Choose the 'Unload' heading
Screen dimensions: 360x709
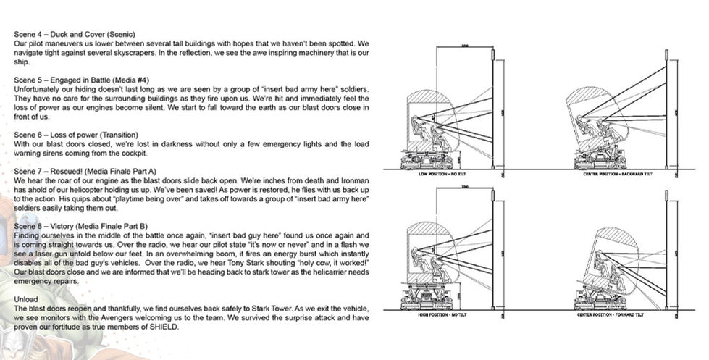point(27,298)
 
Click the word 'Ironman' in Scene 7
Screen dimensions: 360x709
point(355,180)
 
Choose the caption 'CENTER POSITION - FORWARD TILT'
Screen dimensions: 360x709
point(618,315)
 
